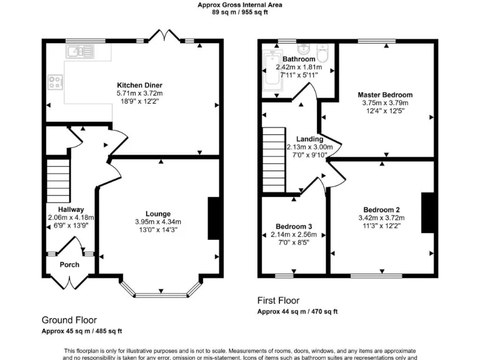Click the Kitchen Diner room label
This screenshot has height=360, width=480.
click(x=136, y=85)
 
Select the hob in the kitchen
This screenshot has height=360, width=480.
click(x=55, y=81)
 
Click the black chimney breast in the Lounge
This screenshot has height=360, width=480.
click(x=213, y=219)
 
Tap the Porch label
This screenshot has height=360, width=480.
click(x=69, y=264)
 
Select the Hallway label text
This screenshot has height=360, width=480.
click(x=71, y=209)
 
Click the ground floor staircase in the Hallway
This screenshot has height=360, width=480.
click(x=57, y=178)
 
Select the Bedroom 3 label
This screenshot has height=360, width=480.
click(x=294, y=226)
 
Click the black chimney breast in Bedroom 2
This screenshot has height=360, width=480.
click(x=427, y=212)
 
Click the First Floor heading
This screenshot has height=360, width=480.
click(x=279, y=301)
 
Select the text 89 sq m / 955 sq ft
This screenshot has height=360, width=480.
click(x=240, y=11)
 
